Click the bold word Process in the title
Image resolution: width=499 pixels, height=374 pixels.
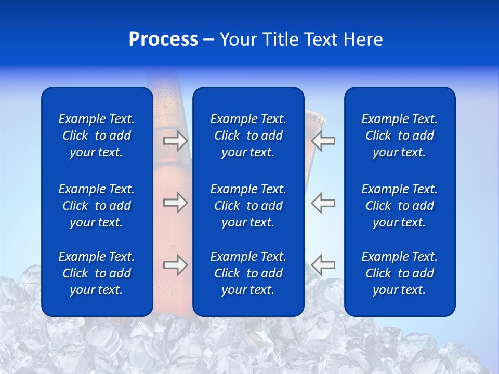pos(163,39)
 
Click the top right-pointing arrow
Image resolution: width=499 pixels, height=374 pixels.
pos(175,141)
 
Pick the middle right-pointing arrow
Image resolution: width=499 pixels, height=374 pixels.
pos(175,203)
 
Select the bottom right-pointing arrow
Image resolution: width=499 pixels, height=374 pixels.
pos(175,265)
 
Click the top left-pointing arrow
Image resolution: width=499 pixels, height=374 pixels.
pos(323,141)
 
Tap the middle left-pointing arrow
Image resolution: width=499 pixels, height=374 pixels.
pos(323,203)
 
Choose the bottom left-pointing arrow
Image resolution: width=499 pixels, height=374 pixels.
pos(323,265)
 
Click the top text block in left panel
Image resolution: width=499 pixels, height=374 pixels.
pos(97,136)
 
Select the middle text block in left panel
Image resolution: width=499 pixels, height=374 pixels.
pos(97,206)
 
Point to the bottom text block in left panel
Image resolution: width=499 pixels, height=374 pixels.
pos(97,273)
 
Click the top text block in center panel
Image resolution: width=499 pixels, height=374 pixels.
pos(248,136)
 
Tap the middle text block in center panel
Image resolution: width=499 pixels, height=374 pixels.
pos(248,206)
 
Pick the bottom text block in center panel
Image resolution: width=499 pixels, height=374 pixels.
pos(248,273)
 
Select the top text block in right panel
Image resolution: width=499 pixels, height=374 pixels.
pos(400,136)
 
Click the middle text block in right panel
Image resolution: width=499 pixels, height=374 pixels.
pos(400,206)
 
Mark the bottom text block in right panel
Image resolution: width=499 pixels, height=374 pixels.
pos(400,273)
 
